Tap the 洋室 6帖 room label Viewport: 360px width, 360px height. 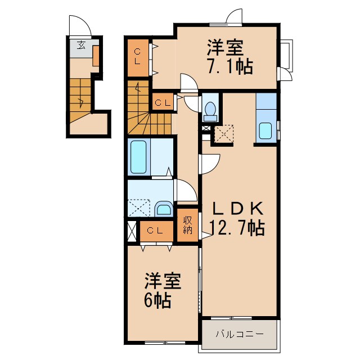pos(158,290)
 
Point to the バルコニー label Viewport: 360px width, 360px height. pos(240,334)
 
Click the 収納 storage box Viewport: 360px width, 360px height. pos(187,225)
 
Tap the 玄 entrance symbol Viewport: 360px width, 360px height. pos(82,46)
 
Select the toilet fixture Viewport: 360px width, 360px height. pos(211,110)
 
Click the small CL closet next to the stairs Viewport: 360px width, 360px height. pos(163,103)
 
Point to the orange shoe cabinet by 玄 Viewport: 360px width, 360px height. pos(96,57)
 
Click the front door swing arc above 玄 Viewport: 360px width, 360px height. pos(77,25)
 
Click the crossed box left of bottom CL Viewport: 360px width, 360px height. pos(132,231)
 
